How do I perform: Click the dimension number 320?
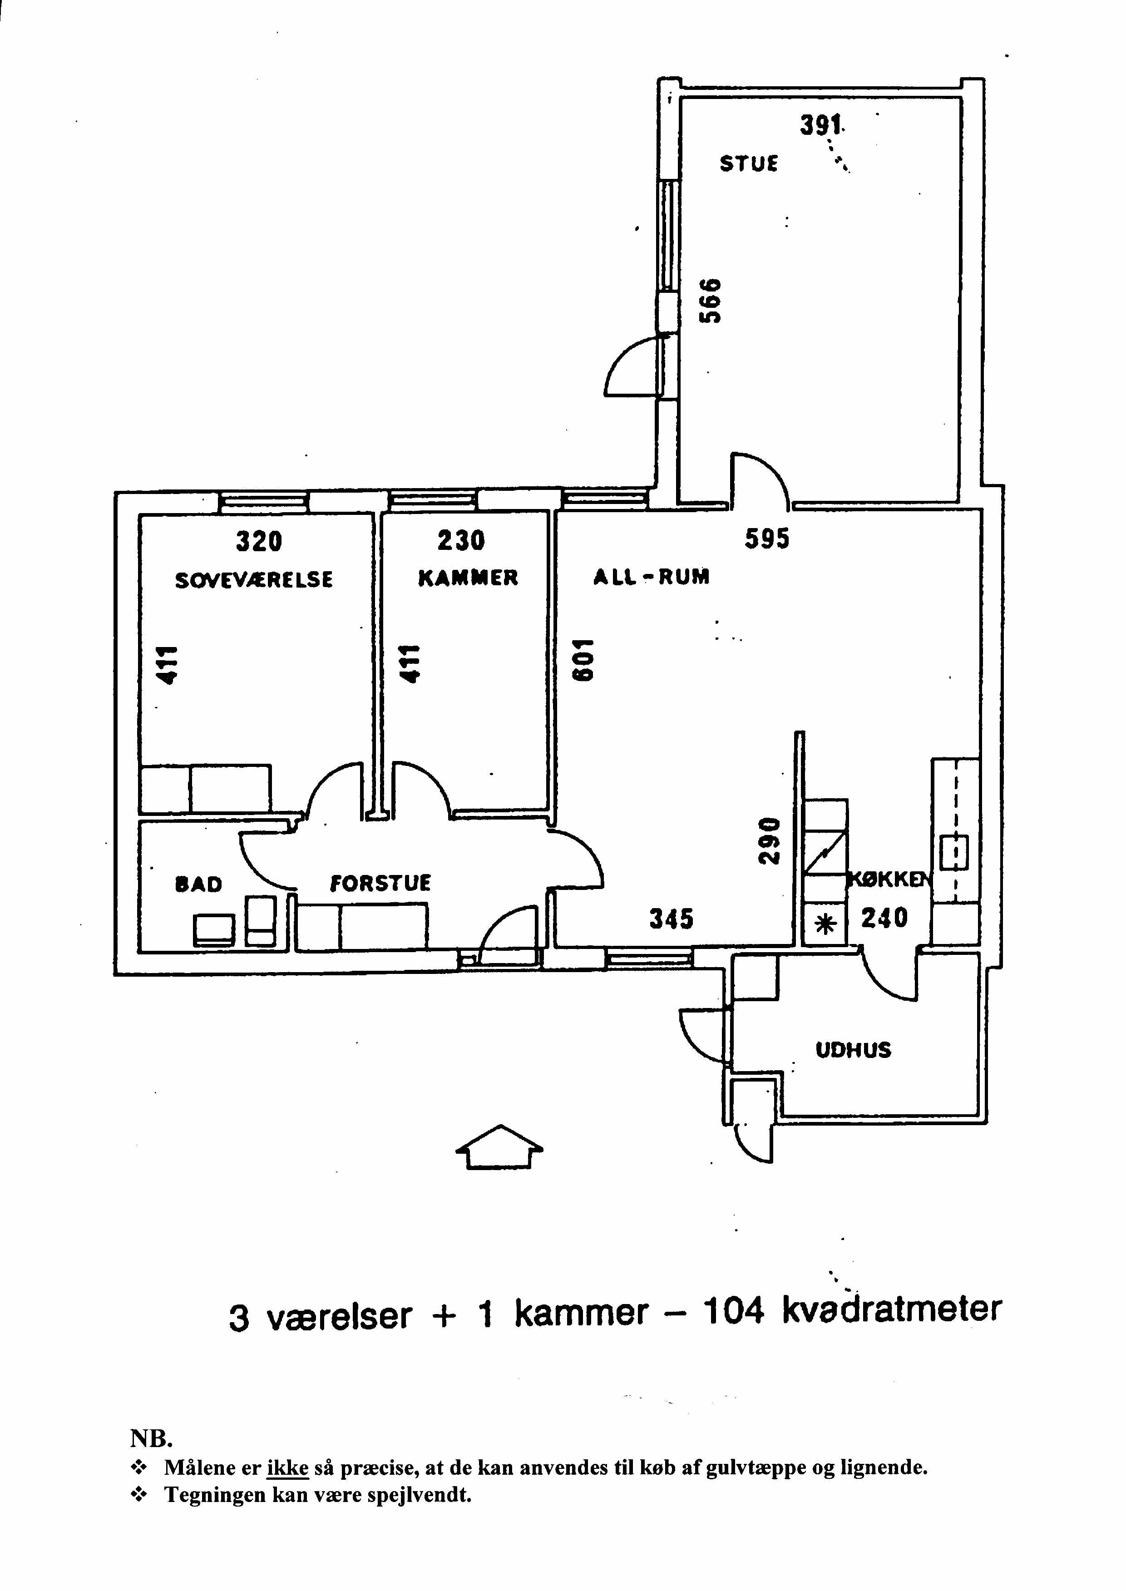(x=259, y=541)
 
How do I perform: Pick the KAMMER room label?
(x=468, y=578)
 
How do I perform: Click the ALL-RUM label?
(x=651, y=577)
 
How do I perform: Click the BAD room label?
(x=199, y=884)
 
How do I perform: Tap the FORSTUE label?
(x=380, y=883)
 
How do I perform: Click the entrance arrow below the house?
(x=499, y=1146)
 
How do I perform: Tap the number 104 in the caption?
(x=734, y=1311)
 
